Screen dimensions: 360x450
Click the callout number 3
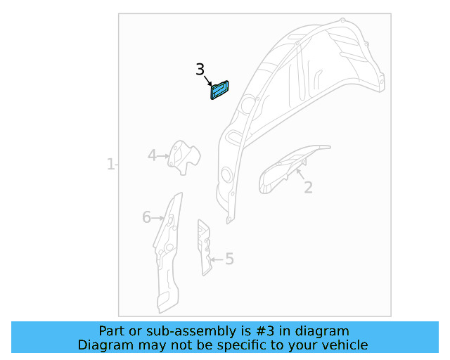pyautogui.click(x=200, y=70)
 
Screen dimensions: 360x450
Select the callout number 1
pyautogui.click(x=110, y=165)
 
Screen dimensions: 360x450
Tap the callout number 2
pyautogui.click(x=308, y=187)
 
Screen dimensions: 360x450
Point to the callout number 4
pyautogui.click(x=152, y=155)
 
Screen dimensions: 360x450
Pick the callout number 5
pyautogui.click(x=229, y=259)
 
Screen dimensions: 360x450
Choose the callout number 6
pyautogui.click(x=146, y=217)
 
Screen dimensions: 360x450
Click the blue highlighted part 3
pyautogui.click(x=220, y=90)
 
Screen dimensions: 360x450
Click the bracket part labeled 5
pyautogui.click(x=205, y=246)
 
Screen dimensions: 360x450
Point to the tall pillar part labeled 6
pyautogui.click(x=167, y=253)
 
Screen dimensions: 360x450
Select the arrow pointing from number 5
pyautogui.click(x=216, y=259)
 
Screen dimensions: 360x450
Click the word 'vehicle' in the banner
pyautogui.click(x=344, y=345)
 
